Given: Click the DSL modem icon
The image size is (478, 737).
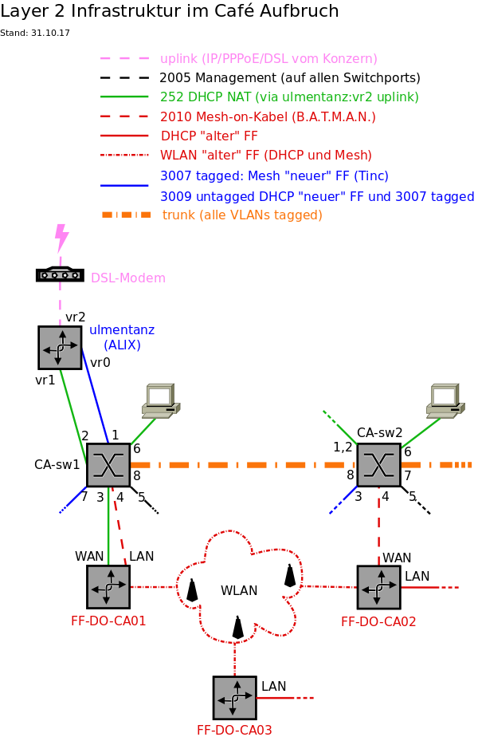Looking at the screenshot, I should pyautogui.click(x=60, y=274).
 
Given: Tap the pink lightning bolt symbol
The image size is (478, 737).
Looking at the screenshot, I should pyautogui.click(x=61, y=237).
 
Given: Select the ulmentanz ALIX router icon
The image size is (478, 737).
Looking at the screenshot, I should pyautogui.click(x=60, y=348).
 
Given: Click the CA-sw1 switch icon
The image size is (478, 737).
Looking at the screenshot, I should pyautogui.click(x=108, y=465).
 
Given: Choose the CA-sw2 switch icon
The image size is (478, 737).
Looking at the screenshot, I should pyautogui.click(x=378, y=465).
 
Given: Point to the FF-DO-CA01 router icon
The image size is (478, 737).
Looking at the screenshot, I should pyautogui.click(x=108, y=587).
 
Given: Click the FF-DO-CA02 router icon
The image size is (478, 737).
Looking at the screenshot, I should pyautogui.click(x=378, y=588).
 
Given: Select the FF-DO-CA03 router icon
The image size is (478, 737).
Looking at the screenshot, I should pyautogui.click(x=234, y=698).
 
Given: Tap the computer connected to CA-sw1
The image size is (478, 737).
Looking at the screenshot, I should pyautogui.click(x=160, y=400).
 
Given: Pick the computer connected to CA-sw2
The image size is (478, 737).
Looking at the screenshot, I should pyautogui.click(x=445, y=400).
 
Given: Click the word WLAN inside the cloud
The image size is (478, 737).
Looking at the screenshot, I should pyautogui.click(x=239, y=591).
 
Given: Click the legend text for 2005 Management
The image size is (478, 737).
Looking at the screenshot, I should pyautogui.click(x=290, y=78).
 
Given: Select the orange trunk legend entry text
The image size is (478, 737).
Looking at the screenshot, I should pyautogui.click(x=242, y=215).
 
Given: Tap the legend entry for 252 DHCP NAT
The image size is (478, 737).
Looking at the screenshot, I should pyautogui.click(x=289, y=97).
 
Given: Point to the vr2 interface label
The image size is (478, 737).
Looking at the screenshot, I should pyautogui.click(x=75, y=317).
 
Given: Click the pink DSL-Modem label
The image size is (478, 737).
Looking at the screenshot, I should pyautogui.click(x=128, y=278).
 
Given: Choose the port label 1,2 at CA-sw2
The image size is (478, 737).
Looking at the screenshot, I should pyautogui.click(x=343, y=447).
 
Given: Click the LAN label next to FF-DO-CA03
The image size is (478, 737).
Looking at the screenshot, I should pyautogui.click(x=273, y=686).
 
